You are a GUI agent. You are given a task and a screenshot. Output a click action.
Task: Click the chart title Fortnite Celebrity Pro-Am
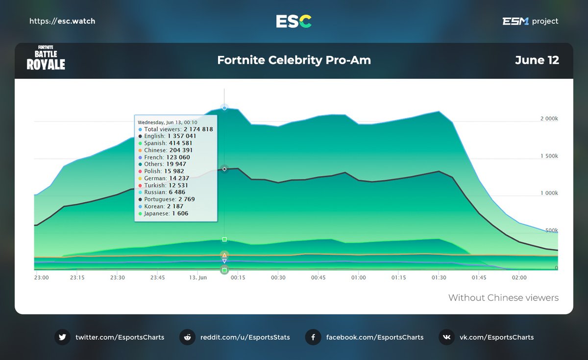(x=294, y=60)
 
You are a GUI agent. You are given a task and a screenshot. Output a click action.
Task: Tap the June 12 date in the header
(x=537, y=60)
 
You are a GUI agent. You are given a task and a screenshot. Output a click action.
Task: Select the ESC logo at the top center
(x=294, y=21)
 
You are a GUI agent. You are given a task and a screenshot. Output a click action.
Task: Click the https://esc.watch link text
(x=62, y=21)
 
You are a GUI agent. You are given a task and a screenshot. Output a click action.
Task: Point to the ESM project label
(x=530, y=21)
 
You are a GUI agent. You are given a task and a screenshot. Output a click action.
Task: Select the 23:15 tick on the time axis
(x=77, y=277)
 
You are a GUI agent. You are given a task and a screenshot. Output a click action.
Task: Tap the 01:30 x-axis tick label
(x=439, y=277)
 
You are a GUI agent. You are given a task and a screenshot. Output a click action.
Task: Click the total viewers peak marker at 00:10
(x=224, y=107)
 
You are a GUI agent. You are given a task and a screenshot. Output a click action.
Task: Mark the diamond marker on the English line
(x=224, y=169)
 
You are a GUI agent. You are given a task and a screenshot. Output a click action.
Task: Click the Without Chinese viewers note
(x=503, y=298)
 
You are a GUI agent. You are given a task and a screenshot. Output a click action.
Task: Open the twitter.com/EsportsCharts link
(x=120, y=337)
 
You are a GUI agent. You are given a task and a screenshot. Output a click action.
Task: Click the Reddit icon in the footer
(x=187, y=337)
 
